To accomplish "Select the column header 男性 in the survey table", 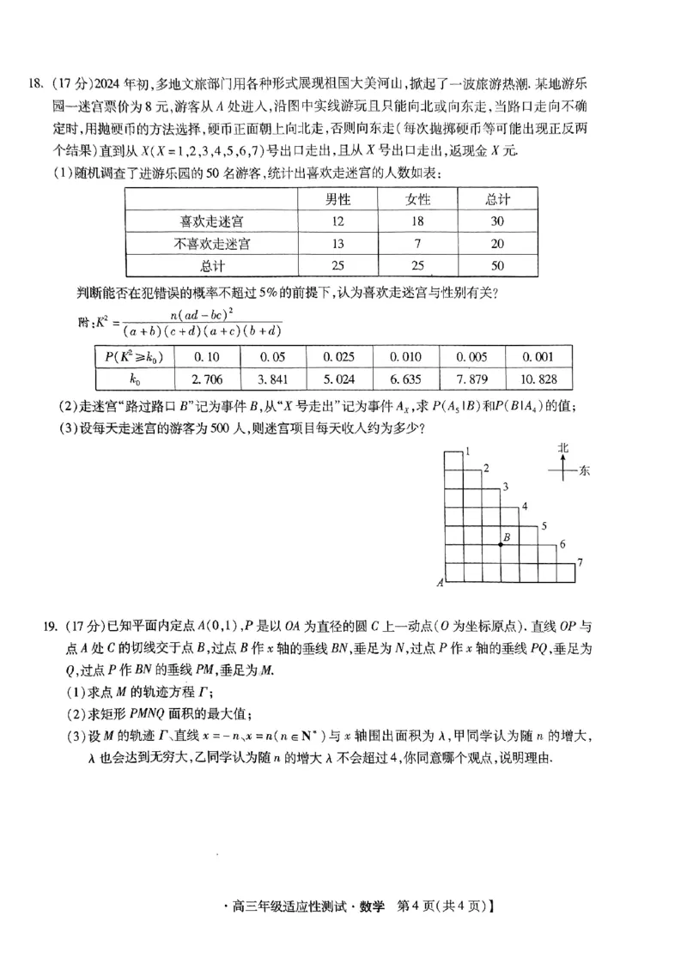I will point(337,199).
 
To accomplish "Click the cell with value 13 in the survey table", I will point(337,244).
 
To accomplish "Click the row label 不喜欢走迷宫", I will point(212,244).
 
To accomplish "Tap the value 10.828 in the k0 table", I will point(536,379).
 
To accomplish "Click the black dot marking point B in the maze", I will point(502,544).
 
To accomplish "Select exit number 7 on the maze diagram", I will point(581,562).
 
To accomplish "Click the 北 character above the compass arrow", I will point(563,448).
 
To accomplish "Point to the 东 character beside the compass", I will point(585,470).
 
